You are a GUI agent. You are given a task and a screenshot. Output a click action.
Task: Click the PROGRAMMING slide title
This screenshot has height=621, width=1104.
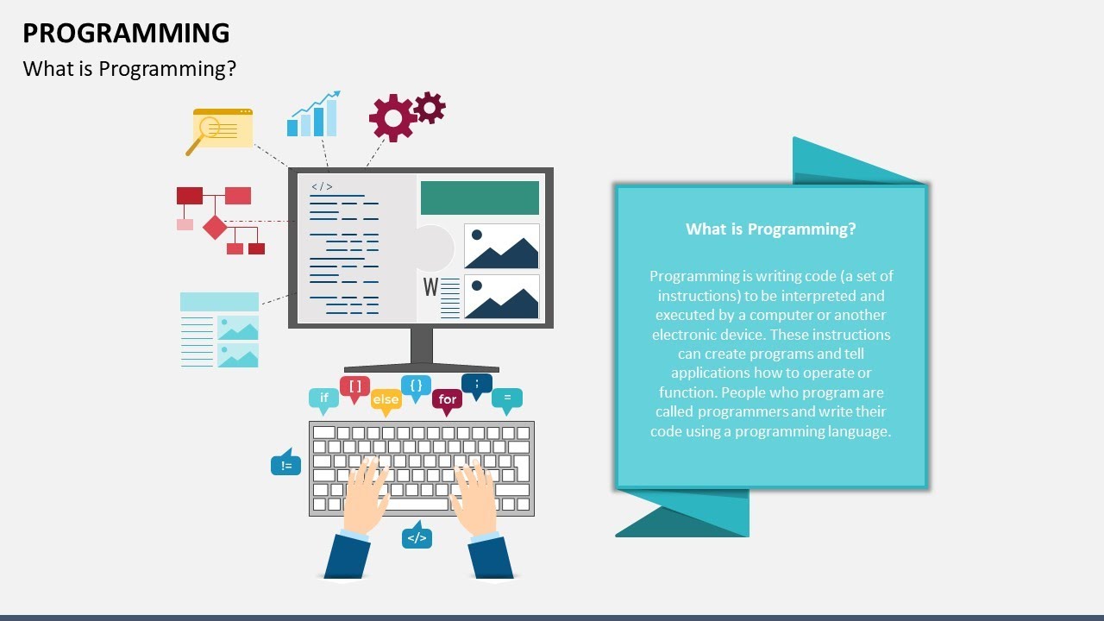coord(126,33)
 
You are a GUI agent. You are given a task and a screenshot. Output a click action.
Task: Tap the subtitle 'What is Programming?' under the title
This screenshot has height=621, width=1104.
coord(129,69)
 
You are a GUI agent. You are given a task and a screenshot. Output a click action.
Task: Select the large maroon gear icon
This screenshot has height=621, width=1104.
coord(392,118)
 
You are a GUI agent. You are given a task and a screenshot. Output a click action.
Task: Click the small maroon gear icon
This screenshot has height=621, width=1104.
coord(429,107)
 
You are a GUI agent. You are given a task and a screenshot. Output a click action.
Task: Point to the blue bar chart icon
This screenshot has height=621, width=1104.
coord(312,116)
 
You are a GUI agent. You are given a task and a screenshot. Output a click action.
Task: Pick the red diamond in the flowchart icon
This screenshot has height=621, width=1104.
coord(215,228)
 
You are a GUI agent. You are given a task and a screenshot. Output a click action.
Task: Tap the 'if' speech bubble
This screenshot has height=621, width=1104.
coord(324,398)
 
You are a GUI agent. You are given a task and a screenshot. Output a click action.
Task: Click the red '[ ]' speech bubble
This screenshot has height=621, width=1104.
coord(354,386)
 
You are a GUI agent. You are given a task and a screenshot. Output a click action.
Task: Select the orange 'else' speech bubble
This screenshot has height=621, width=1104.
coord(386,399)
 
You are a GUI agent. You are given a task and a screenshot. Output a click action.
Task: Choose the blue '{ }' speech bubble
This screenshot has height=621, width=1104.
coord(416,386)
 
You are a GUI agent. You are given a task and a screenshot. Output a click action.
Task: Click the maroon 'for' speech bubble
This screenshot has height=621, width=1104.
coord(447,398)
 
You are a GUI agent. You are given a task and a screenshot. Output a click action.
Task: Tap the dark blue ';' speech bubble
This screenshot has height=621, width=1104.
coord(477,383)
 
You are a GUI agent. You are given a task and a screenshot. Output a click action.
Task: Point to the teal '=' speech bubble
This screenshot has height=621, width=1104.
coord(507,398)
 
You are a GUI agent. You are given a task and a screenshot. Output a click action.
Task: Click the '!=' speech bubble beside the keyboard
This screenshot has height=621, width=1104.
coord(285,465)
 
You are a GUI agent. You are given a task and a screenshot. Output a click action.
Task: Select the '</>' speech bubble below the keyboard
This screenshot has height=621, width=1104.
coord(417,538)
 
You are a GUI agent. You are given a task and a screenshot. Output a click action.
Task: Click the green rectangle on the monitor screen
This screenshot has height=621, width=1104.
coord(480,198)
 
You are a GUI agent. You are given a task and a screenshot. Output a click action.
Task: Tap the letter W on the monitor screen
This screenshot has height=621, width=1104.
coord(430,287)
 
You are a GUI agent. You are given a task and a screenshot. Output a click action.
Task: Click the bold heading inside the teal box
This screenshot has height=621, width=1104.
coord(771,229)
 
